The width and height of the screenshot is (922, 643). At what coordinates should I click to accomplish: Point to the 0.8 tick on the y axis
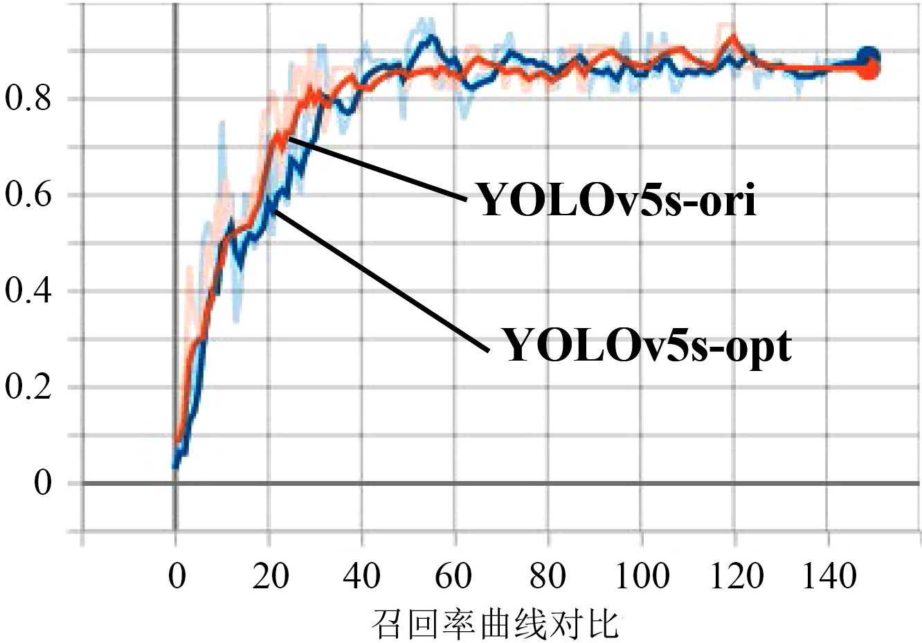(28, 99)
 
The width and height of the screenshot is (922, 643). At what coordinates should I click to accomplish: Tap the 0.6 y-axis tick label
(28, 195)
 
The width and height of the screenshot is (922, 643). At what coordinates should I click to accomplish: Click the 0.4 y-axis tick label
(28, 291)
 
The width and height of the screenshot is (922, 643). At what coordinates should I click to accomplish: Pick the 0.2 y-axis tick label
(28, 387)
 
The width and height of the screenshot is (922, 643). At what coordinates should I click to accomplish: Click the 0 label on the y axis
(43, 482)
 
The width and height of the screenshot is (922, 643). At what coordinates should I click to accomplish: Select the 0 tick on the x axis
(177, 575)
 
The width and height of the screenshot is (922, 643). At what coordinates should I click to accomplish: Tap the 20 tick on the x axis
(270, 575)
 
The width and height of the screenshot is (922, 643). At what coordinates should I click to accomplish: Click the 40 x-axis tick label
(363, 575)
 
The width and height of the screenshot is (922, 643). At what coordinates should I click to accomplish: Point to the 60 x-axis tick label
(455, 575)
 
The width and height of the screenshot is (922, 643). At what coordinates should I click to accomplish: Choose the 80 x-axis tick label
(548, 575)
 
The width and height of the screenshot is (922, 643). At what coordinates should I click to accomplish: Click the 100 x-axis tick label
(642, 575)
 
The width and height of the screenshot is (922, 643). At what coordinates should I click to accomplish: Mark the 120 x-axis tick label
(734, 575)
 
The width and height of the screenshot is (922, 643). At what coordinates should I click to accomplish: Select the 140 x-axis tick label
(828, 575)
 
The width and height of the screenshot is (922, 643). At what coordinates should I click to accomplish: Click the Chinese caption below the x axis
(494, 624)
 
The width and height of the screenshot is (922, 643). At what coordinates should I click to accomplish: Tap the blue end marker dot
(868, 57)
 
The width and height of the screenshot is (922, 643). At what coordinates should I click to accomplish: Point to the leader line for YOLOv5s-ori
(377, 169)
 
